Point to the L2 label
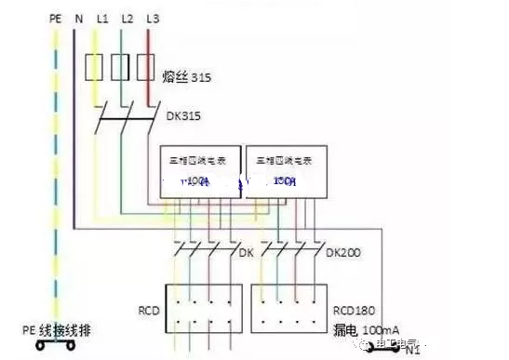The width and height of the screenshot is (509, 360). point(127,17)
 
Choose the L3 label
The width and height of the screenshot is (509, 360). point(152,17)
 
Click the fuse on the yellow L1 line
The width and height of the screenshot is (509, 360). point(93,67)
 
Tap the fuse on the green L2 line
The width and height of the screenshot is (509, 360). point(119,67)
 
